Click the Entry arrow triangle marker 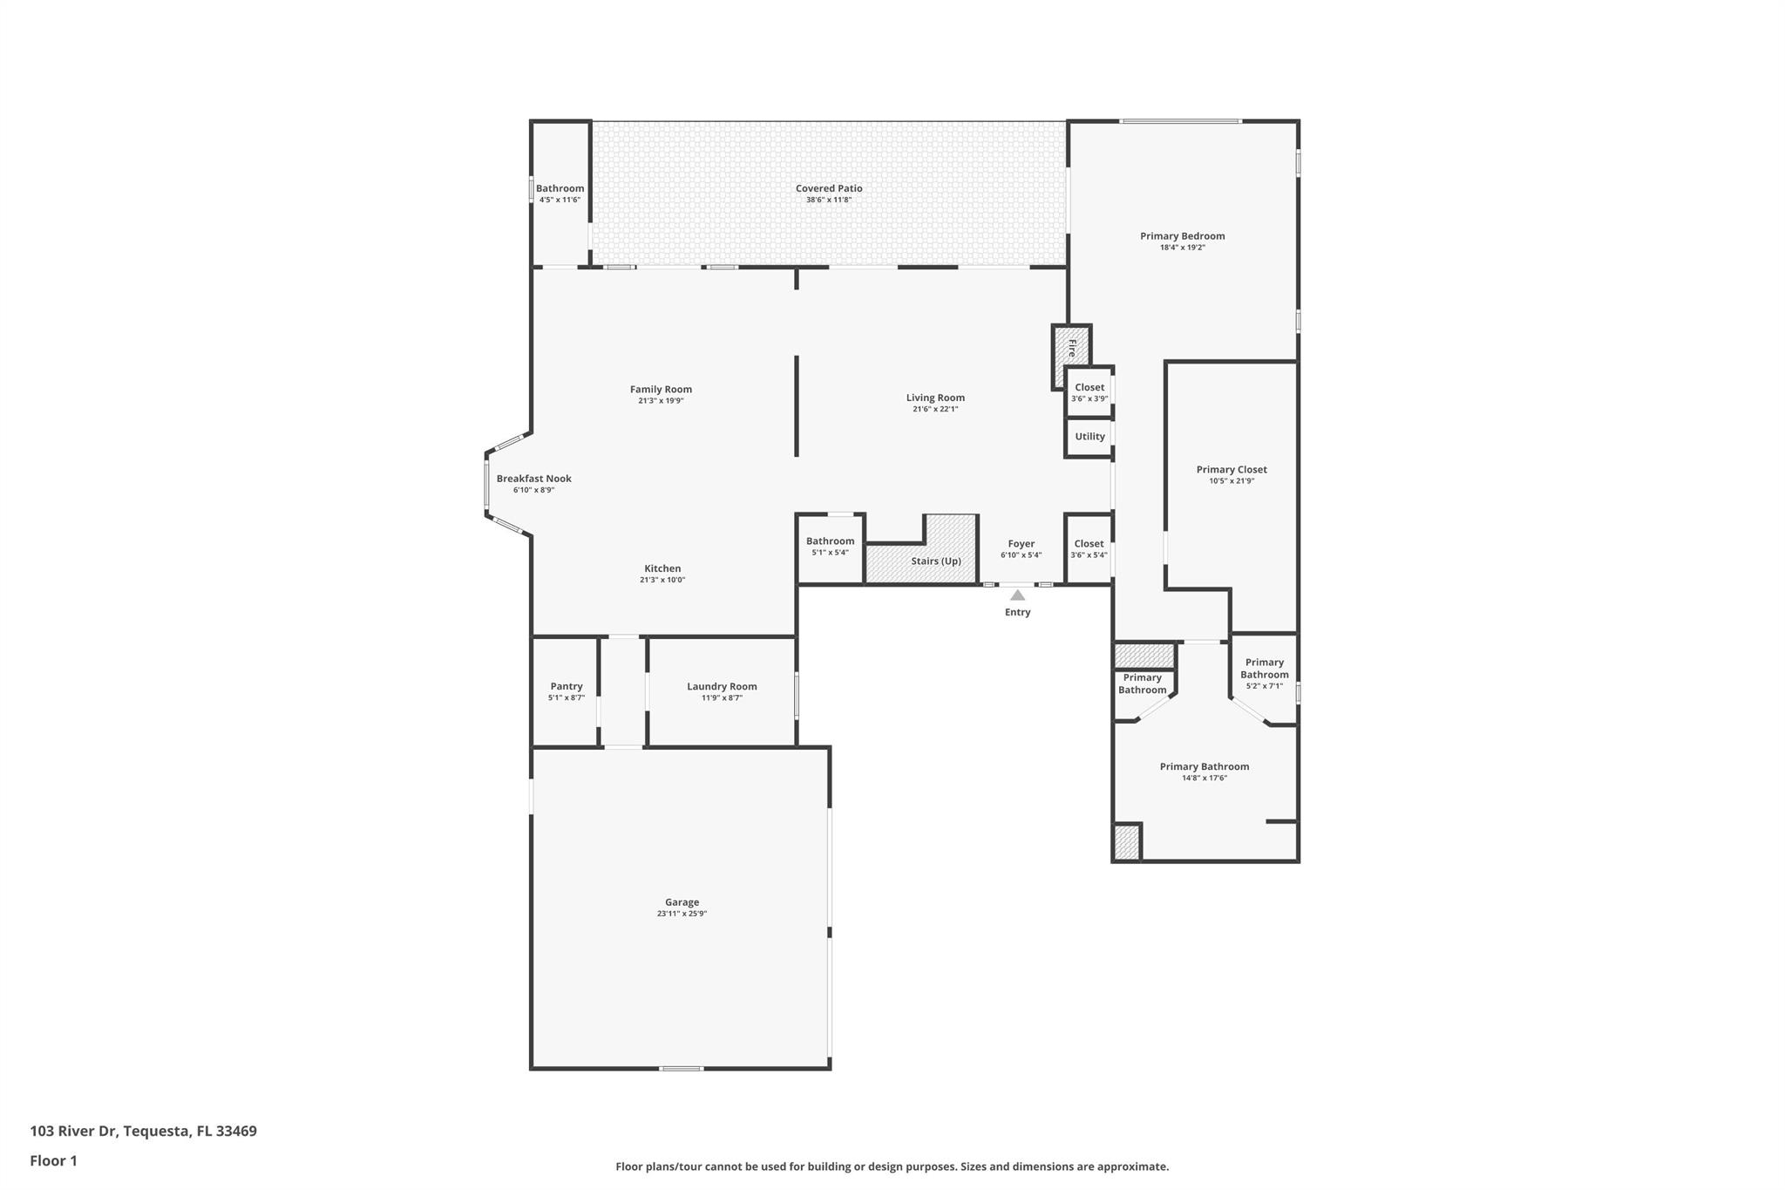(x=1017, y=595)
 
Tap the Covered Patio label (x=829, y=188)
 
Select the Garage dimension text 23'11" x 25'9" (x=682, y=914)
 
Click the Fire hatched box (x=1071, y=349)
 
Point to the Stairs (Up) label (x=936, y=561)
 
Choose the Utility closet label (x=1089, y=437)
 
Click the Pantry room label (x=567, y=686)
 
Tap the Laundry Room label (x=722, y=686)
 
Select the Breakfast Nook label (x=534, y=479)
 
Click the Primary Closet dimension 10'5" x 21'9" (x=1232, y=481)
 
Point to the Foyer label (x=1021, y=544)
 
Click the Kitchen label (x=662, y=568)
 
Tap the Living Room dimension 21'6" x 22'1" (x=935, y=409)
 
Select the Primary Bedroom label (x=1183, y=236)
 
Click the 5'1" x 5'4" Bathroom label (x=830, y=541)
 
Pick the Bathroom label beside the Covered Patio (x=560, y=188)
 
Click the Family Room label (x=661, y=390)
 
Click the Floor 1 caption (x=53, y=1161)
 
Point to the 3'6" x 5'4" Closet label (x=1089, y=544)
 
